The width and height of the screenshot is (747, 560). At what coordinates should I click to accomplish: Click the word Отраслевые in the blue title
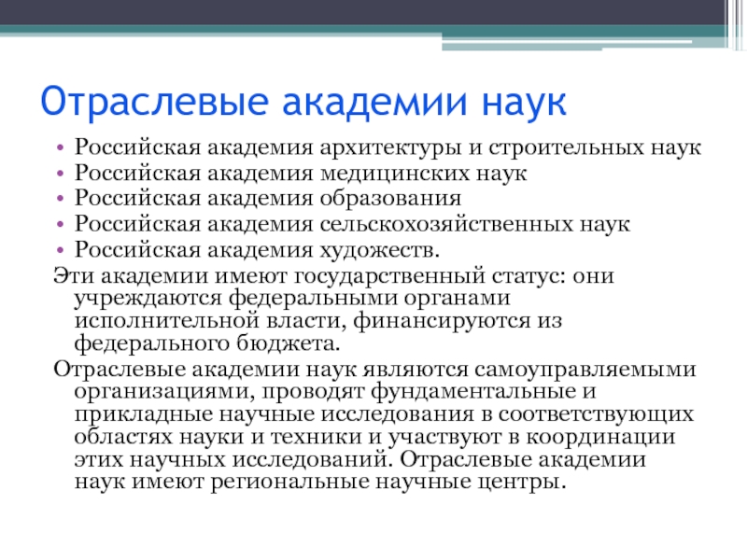pyautogui.click(x=154, y=102)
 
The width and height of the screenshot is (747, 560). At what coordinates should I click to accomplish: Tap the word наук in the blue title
pyautogui.click(x=524, y=102)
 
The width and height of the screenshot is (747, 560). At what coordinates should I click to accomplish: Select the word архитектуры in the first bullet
pyautogui.click(x=390, y=148)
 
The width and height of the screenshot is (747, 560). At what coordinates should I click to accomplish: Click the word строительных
pyautogui.click(x=566, y=147)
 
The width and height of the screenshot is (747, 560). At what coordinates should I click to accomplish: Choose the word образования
pyautogui.click(x=390, y=199)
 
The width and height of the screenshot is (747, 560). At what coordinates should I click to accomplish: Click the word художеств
pyautogui.click(x=379, y=250)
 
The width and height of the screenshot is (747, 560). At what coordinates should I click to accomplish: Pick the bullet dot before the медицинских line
pyautogui.click(x=60, y=174)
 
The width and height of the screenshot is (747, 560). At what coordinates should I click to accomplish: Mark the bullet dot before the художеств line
pyautogui.click(x=60, y=250)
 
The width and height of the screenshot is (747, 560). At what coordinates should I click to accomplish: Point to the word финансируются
pyautogui.click(x=442, y=321)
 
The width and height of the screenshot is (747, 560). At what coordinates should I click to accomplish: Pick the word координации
pyautogui.click(x=600, y=438)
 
